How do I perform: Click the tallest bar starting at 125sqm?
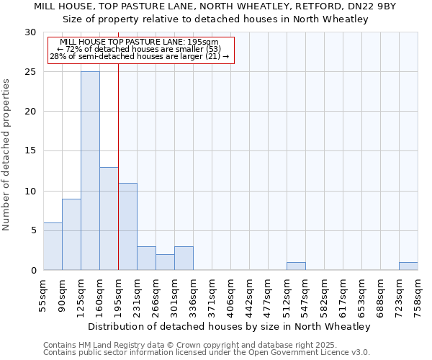pyautogui.click(x=90, y=171)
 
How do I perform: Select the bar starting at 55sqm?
pyautogui.click(x=53, y=246)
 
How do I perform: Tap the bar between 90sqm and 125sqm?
pyautogui.click(x=71, y=235)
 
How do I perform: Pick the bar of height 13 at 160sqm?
pyautogui.click(x=109, y=219)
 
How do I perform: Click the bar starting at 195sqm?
pyautogui.click(x=127, y=227)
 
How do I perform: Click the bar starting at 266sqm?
pyautogui.click(x=165, y=262)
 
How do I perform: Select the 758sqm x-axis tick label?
pyautogui.click(x=418, y=297)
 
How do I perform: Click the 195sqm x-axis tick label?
pyautogui.click(x=119, y=297)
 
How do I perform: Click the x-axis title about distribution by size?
pyautogui.click(x=230, y=326)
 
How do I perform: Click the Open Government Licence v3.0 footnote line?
pyautogui.click(x=207, y=353)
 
